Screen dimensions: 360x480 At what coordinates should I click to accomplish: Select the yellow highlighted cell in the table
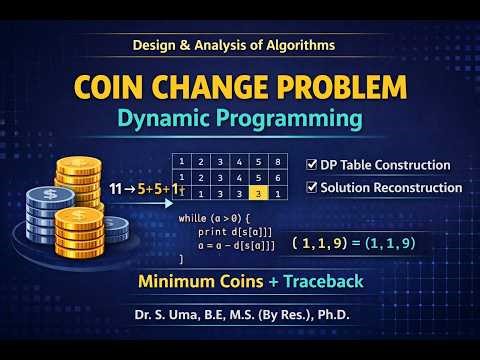pyautogui.click(x=259, y=194)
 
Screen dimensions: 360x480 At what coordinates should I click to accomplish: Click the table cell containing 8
pyautogui.click(x=282, y=159)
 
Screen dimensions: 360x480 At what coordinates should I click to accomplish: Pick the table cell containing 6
pyautogui.click(x=282, y=176)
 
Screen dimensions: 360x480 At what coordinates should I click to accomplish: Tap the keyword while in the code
pyautogui.click(x=191, y=217)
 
